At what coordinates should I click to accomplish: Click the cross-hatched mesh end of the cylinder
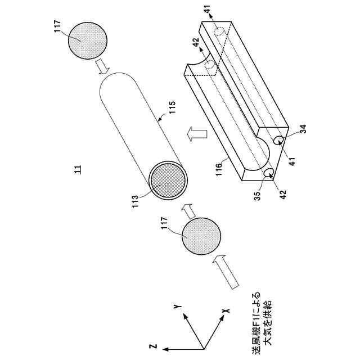pos(168,182)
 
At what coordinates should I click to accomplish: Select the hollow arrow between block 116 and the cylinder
pos(195,134)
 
